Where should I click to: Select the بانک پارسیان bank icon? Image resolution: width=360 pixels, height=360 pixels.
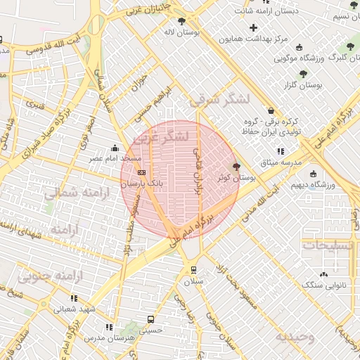(x=142, y=172)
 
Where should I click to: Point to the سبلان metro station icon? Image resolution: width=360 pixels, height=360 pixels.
(x=193, y=270)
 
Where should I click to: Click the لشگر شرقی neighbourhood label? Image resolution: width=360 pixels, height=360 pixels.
(x=219, y=101)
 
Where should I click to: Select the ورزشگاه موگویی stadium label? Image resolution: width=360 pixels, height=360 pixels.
(x=317, y=59)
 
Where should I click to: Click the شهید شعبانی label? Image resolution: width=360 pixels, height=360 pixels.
(x=77, y=309)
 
